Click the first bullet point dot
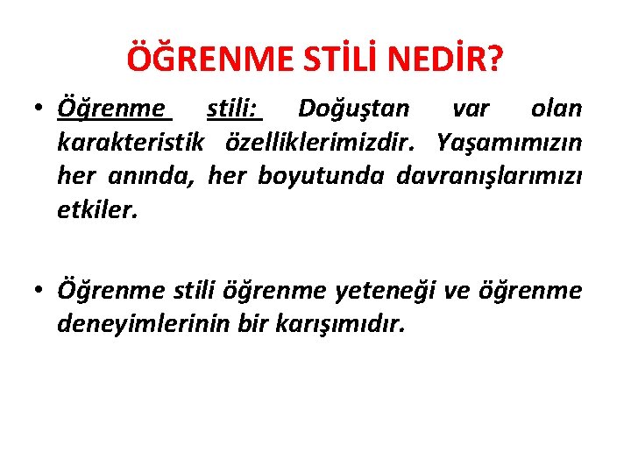coord(40,110)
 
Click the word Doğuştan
coord(353,109)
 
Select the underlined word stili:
coord(234,109)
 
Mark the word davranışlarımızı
coord(488,177)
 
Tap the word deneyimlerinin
coord(145,324)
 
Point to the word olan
coord(557,109)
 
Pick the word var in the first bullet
coord(471,109)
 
